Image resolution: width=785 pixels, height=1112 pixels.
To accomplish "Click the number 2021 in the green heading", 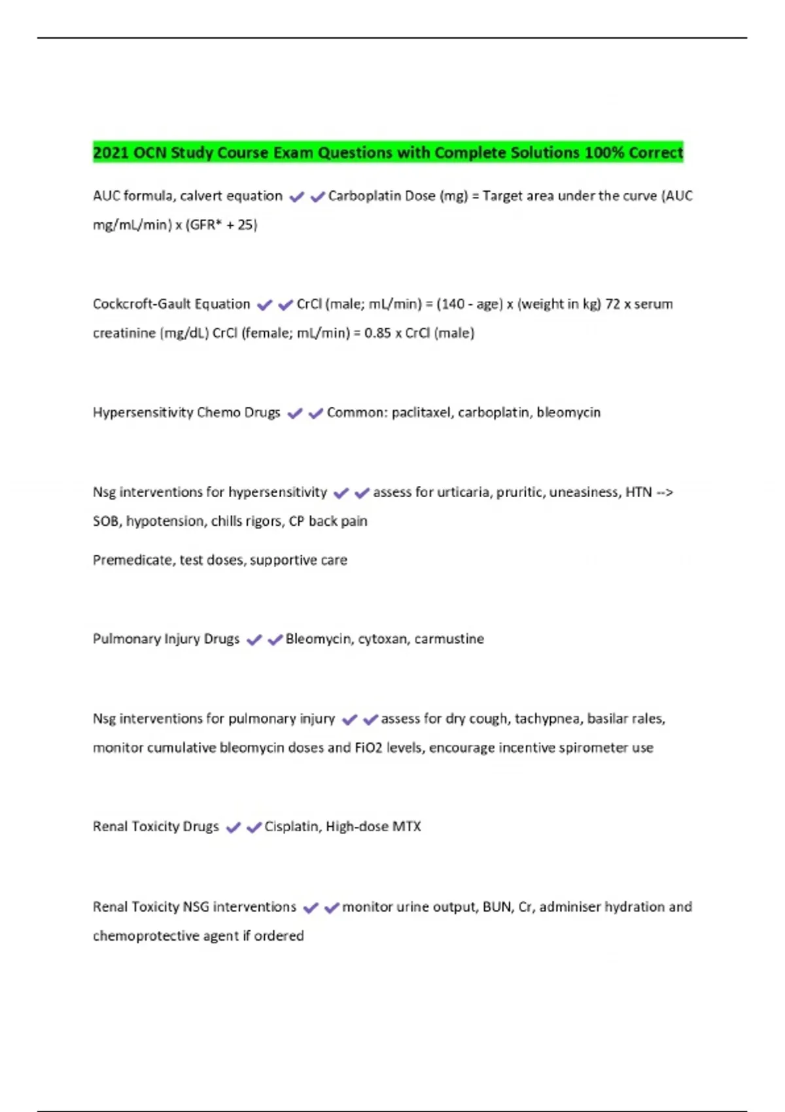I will pyautogui.click(x=111, y=152).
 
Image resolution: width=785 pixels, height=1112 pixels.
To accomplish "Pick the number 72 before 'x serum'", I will pyautogui.click(x=613, y=304).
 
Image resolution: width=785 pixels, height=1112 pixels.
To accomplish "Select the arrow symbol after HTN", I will pyautogui.click(x=664, y=492).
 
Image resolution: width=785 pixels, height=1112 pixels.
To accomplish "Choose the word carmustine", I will pyautogui.click(x=449, y=638).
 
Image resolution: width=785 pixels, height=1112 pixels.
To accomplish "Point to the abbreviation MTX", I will pyautogui.click(x=407, y=826).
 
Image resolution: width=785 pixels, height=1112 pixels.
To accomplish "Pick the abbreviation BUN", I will pyautogui.click(x=497, y=907).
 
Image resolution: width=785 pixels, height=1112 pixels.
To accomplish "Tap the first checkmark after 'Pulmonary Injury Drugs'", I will pyautogui.click(x=254, y=640).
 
